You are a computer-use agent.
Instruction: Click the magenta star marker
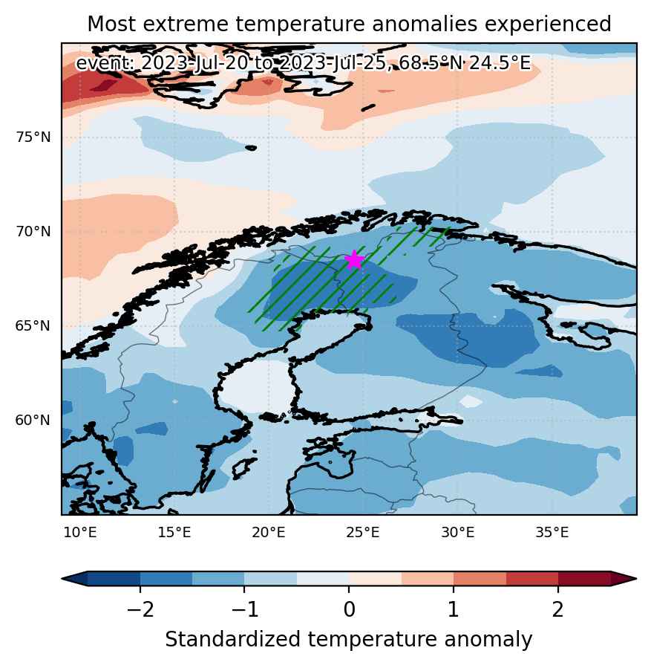[354, 259]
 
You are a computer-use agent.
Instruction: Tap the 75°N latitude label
[33, 137]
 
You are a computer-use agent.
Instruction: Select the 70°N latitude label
[33, 232]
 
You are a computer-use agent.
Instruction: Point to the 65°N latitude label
[33, 325]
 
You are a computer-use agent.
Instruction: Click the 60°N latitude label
[33, 420]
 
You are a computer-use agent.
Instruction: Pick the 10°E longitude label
[80, 532]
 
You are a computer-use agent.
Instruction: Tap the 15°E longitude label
[174, 532]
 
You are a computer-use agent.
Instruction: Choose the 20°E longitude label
[269, 532]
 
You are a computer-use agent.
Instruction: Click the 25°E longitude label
[363, 532]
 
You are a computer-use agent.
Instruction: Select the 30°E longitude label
[457, 532]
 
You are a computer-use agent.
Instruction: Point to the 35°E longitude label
[552, 532]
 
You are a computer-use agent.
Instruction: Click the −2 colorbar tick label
[140, 609]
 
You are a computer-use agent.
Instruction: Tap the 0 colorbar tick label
[349, 609]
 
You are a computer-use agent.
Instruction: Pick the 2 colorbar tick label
[557, 609]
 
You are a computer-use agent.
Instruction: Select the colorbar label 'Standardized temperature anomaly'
[348, 639]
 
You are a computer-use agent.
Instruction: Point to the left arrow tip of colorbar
[62, 579]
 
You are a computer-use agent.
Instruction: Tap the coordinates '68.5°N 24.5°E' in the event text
[465, 63]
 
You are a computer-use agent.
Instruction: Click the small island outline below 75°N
[251, 148]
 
